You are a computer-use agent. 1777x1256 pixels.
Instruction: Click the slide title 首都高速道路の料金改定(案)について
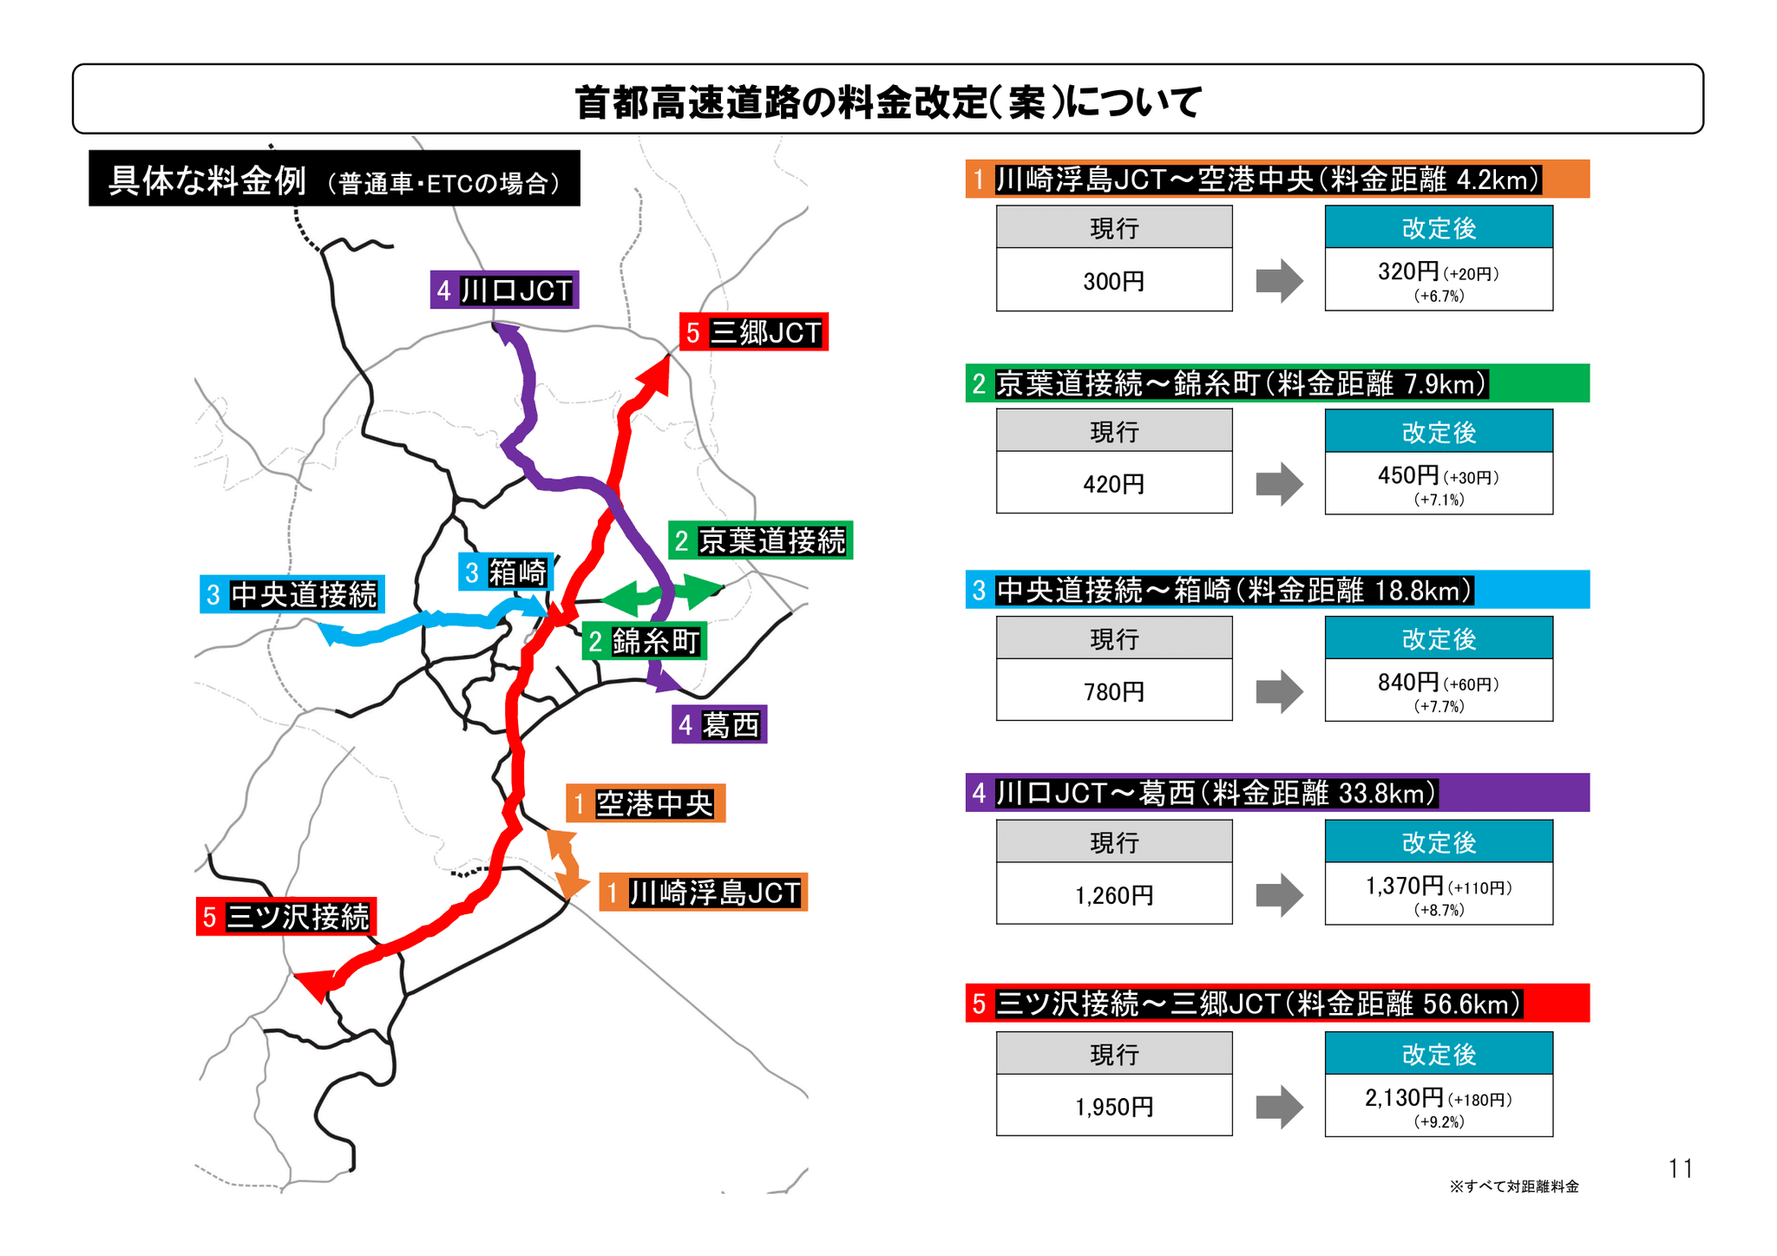coord(888,101)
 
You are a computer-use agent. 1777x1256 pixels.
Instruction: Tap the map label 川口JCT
coord(504,290)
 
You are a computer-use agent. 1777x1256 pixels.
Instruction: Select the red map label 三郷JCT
coord(753,332)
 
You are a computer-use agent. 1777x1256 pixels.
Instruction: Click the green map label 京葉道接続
coord(760,540)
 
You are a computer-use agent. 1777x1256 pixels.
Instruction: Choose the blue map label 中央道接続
coord(292,595)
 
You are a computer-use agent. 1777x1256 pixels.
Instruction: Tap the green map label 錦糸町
coord(643,642)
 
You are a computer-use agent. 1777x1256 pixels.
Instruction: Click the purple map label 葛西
coord(718,724)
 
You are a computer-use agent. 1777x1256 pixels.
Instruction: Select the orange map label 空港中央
coord(645,804)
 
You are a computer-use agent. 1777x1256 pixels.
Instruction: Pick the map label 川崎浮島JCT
coord(703,893)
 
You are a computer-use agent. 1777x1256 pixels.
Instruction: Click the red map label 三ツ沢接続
coord(285,917)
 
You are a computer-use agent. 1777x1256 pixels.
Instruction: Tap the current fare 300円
coord(1113,281)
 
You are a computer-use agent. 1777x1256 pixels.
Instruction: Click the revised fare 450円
coord(1408,475)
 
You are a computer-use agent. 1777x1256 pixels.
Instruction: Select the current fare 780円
coord(1113,691)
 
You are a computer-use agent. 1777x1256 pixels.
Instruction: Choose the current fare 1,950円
coord(1113,1107)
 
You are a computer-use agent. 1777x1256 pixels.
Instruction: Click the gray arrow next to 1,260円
coord(1279,895)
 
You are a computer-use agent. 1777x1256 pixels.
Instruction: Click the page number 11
coord(1680,1169)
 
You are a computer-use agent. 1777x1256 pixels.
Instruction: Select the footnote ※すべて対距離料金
coord(1513,1187)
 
